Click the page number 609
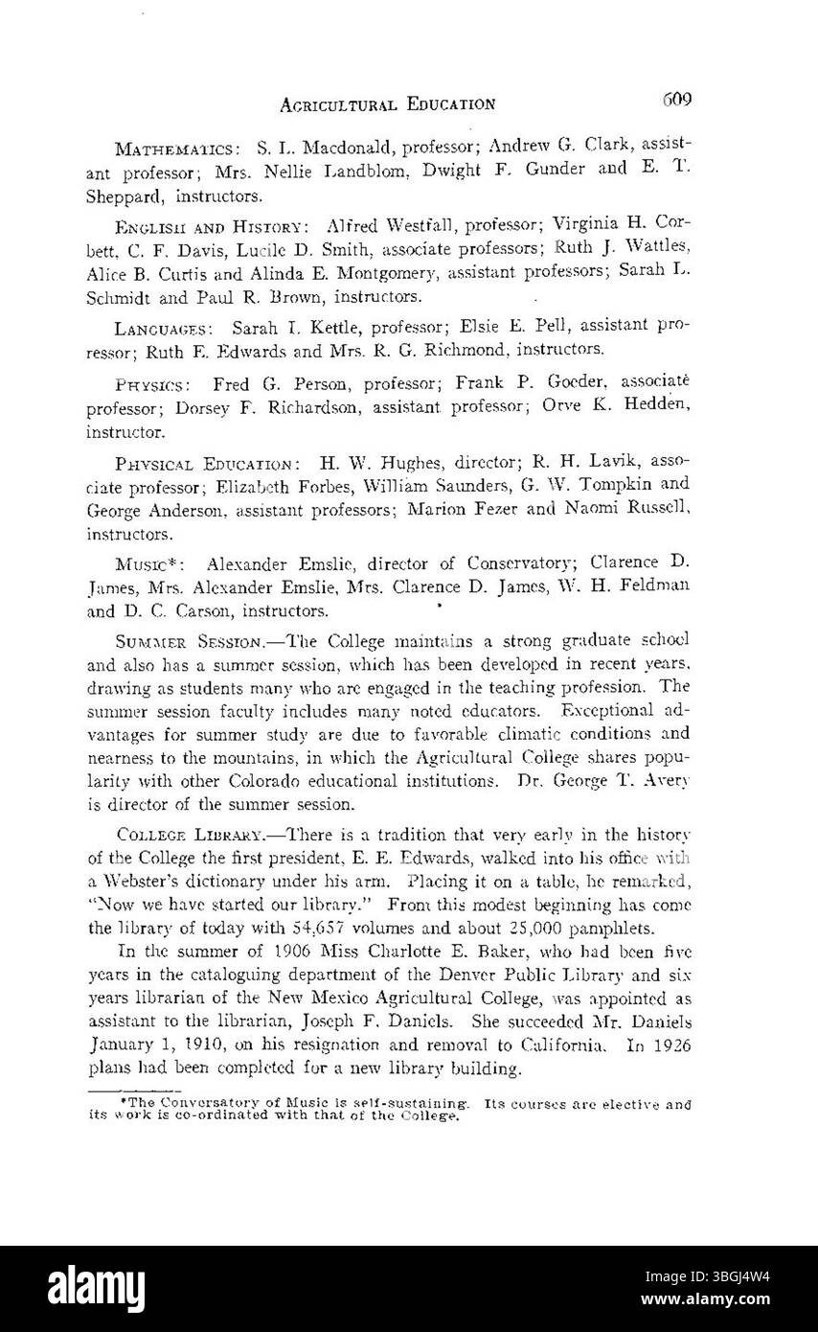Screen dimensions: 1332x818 675,100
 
